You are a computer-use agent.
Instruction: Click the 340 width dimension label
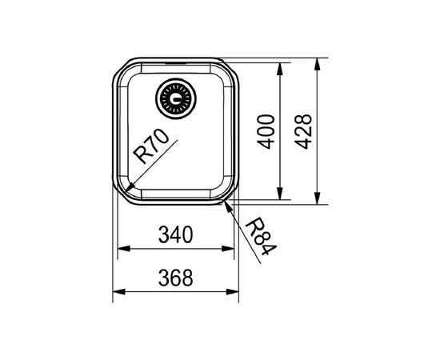coord(176,235)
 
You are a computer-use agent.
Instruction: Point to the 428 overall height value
coord(305,132)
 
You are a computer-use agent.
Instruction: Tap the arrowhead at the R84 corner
coord(230,206)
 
